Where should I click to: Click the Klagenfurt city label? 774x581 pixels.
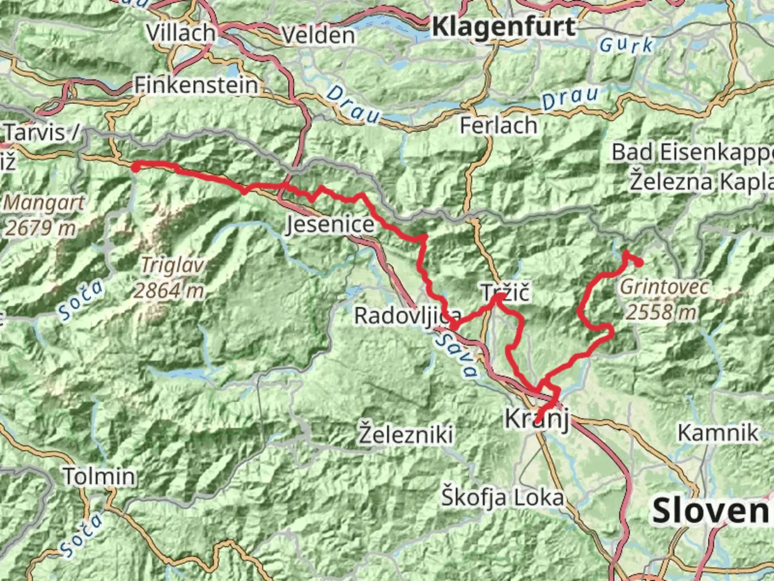click(503, 26)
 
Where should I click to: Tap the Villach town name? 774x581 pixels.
click(181, 33)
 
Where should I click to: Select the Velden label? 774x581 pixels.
click(318, 36)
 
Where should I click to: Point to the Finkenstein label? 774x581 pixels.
click(196, 85)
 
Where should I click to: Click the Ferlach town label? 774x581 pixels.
click(498, 125)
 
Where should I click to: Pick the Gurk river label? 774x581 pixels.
click(627, 45)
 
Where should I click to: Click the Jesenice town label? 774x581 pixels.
click(330, 224)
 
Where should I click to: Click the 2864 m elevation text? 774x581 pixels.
click(169, 291)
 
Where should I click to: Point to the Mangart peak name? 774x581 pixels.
click(44, 203)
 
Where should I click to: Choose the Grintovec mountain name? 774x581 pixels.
click(664, 287)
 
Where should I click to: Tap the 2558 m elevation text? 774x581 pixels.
click(661, 311)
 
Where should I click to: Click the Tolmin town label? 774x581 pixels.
click(99, 477)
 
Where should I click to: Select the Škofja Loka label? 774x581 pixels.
click(503, 498)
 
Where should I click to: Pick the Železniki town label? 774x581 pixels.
click(406, 434)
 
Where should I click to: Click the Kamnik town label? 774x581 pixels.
click(718, 433)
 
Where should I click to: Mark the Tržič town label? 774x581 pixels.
click(505, 293)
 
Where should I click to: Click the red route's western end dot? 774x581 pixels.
click(136, 167)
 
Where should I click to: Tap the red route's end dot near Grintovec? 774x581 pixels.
click(639, 263)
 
